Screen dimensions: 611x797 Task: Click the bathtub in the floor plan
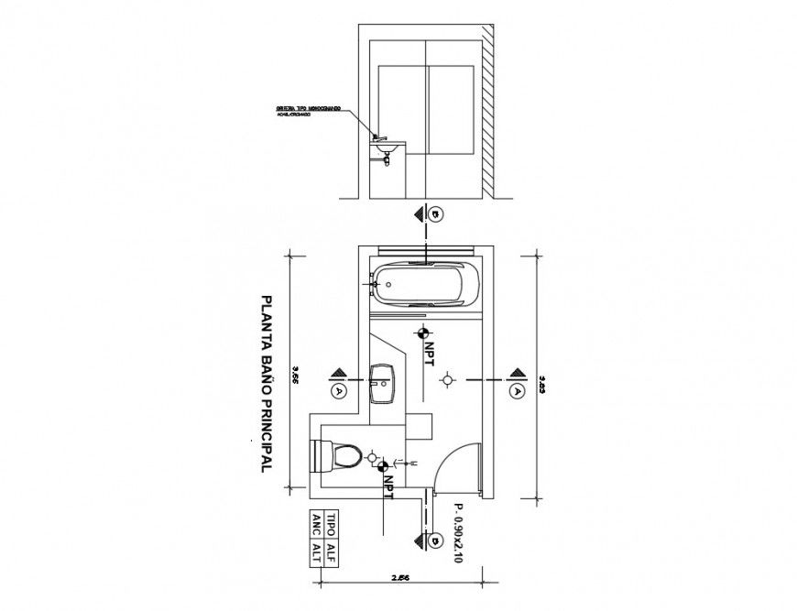click(425, 283)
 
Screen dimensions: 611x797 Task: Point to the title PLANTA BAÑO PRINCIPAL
click(267, 383)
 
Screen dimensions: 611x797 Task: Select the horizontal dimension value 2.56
click(400, 578)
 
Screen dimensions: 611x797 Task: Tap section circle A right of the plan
click(519, 389)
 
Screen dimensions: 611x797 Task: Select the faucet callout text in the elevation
click(309, 111)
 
